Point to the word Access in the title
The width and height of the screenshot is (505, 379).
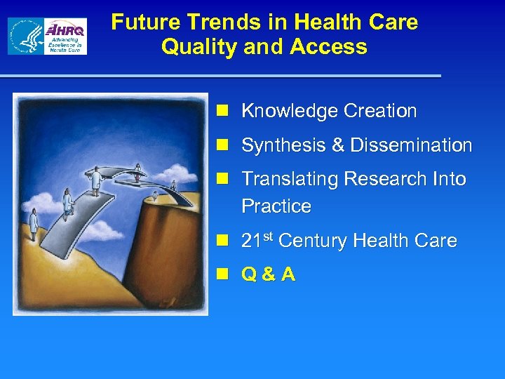pos(332,47)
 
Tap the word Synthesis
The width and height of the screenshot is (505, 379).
pos(283,145)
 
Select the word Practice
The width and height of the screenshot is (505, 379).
pos(276,206)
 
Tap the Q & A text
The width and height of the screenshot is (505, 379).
pos(268,275)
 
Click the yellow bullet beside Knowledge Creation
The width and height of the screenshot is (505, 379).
pos(222,111)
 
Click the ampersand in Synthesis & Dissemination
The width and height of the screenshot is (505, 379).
pos(337,145)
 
